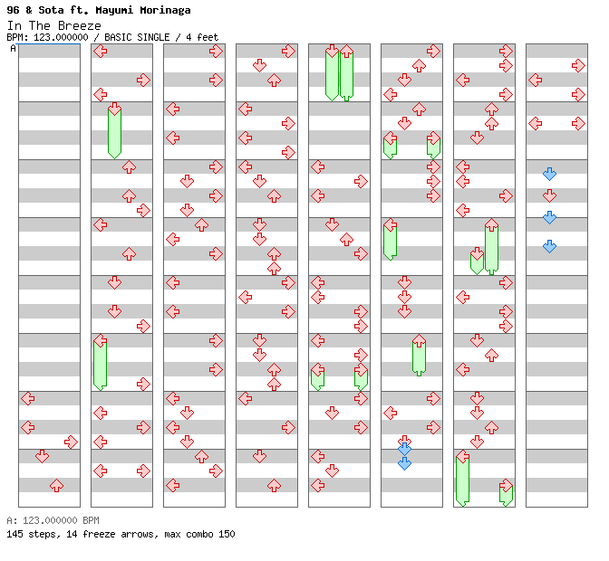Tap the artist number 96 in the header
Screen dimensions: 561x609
13,10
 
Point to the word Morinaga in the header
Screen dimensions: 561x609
163,10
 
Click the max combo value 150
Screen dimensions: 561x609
226,534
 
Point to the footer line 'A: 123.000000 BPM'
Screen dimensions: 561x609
53,520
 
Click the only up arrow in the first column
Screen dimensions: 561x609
56,486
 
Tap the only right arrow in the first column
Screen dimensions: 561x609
71,442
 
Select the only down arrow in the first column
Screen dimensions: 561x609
42,456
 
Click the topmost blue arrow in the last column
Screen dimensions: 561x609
549,174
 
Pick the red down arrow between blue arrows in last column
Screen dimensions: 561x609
549,195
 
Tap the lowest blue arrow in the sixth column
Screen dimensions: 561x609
404,463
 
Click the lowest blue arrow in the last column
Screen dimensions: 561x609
549,246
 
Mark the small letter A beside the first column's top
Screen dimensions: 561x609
13,48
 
